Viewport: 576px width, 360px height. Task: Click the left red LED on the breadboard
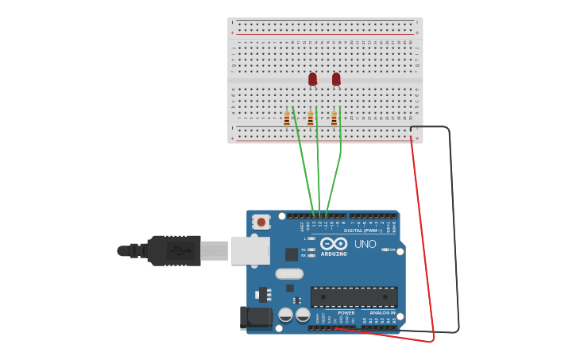tap(312, 79)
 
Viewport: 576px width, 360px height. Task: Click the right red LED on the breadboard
tap(336, 79)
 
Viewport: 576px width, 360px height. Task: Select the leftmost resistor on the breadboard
tap(287, 119)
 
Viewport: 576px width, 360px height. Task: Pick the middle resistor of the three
tap(311, 119)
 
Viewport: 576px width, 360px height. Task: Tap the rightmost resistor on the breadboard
tap(334, 119)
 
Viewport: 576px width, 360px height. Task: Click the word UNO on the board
tap(365, 244)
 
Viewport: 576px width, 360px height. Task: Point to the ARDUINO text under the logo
tap(334, 254)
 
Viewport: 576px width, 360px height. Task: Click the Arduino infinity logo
tap(334, 244)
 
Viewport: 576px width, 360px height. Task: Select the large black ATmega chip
tap(354, 297)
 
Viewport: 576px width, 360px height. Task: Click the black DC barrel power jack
tap(256, 317)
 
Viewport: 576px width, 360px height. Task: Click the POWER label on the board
tap(346, 312)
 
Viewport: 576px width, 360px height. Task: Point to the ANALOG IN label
tap(382, 312)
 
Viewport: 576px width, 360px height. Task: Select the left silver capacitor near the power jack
tap(285, 315)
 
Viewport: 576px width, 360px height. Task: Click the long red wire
tap(423, 238)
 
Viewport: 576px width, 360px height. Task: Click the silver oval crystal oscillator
tap(289, 273)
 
